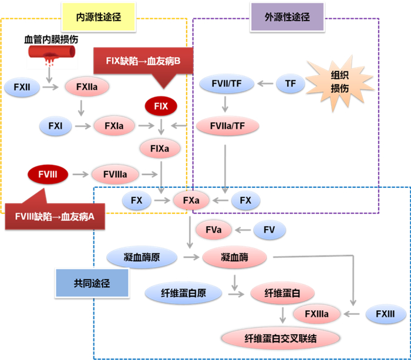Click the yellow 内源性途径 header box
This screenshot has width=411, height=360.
99,17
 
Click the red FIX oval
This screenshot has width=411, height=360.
161,106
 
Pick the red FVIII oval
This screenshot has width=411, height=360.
48,174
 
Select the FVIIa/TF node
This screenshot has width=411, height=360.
225,125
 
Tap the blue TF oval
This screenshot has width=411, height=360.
290,84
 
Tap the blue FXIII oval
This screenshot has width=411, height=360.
384,314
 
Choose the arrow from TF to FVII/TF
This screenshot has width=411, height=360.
265,84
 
